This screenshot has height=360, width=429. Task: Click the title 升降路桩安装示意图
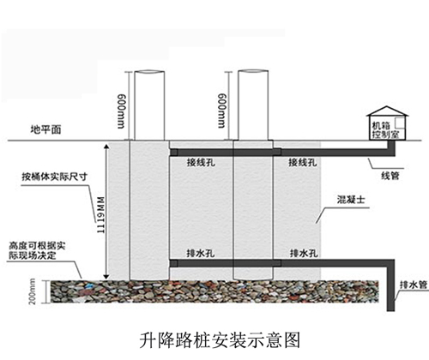220,340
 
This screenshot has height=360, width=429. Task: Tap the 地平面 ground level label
45,129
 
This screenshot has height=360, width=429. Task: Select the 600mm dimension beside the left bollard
121,111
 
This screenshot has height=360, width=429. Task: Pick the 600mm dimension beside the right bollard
221,111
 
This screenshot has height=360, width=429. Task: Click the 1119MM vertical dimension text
100,215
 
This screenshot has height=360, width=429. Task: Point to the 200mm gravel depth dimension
33,291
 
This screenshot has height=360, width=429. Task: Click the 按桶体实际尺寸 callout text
54,177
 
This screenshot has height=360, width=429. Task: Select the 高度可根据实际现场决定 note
37,250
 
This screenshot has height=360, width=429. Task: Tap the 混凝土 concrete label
351,199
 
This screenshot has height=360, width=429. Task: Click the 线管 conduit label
390,176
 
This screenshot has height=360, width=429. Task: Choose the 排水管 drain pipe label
414,285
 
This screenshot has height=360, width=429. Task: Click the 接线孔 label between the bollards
201,162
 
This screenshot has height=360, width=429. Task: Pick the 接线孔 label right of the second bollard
303,162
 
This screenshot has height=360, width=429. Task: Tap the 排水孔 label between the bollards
201,253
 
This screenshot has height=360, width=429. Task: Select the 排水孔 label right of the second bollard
304,253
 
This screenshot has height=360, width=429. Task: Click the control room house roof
387,111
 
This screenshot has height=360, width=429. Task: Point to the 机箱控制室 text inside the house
385,130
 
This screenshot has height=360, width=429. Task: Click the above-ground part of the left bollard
149,105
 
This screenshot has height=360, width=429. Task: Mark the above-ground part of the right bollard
253,105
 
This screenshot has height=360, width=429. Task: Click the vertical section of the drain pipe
390,285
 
